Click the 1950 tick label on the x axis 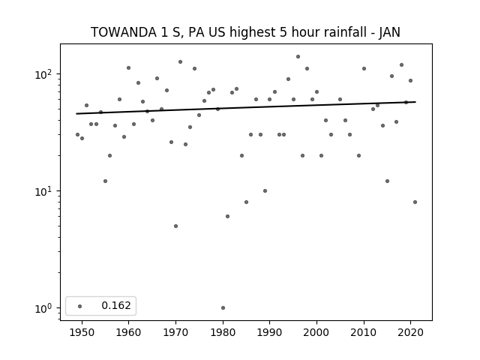[x=82, y=332]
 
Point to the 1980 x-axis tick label [x=223, y=332]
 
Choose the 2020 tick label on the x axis [x=411, y=332]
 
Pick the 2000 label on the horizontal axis [x=316, y=332]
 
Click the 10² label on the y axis [x=44, y=74]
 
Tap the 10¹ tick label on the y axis [x=44, y=191]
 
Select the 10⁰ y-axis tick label [x=44, y=308]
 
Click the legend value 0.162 [x=116, y=305]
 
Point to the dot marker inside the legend [x=79, y=306]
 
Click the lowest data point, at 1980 [x=223, y=307]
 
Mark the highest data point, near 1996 [x=298, y=57]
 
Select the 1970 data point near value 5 [x=175, y=226]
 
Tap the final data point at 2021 [x=415, y=202]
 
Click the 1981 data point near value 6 [x=227, y=217]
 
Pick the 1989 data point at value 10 [x=265, y=190]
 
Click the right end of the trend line [x=415, y=102]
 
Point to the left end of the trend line [x=76, y=113]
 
